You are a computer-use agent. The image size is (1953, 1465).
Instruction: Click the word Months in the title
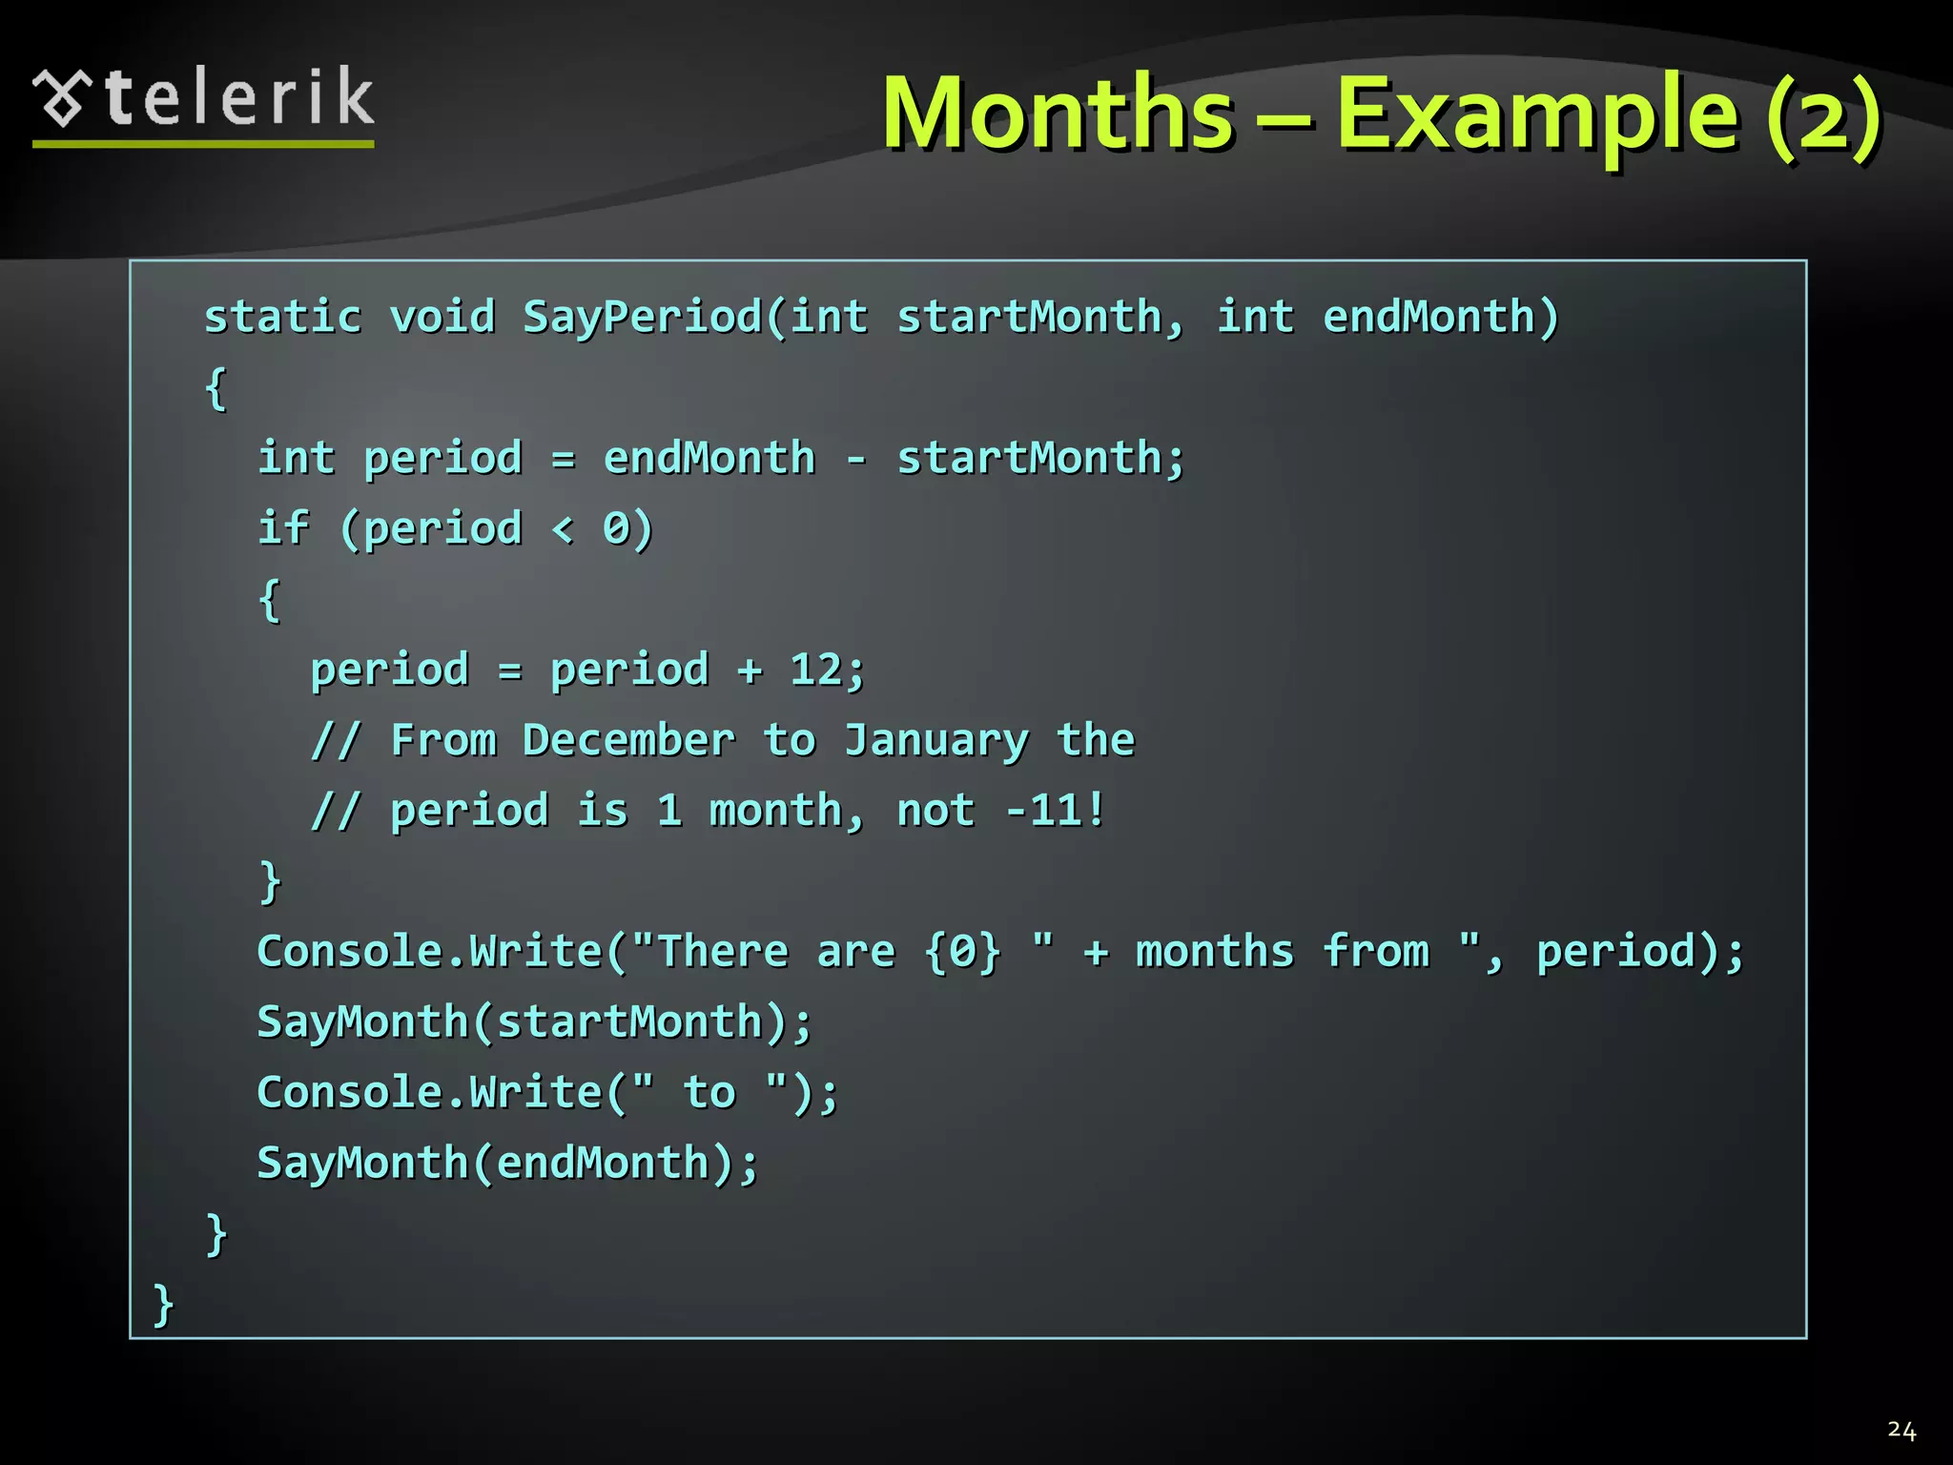(1059, 114)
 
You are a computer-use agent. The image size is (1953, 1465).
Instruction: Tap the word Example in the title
(1537, 114)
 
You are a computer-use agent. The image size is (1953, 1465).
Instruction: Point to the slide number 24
(1902, 1430)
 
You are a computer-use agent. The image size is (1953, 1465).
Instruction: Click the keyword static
(283, 317)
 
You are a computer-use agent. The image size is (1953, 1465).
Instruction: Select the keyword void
(442, 317)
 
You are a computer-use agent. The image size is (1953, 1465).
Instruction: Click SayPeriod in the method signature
(642, 317)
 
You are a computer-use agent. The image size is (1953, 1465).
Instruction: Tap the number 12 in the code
(815, 670)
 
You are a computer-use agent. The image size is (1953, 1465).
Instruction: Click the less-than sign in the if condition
(564, 529)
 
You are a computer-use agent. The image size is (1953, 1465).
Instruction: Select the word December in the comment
(628, 740)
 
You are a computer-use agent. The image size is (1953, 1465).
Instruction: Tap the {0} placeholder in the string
(963, 952)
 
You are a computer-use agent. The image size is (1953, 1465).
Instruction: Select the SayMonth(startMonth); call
(534, 1022)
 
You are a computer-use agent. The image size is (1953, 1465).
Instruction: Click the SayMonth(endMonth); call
(507, 1164)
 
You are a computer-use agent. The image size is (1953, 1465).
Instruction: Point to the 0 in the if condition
(616, 529)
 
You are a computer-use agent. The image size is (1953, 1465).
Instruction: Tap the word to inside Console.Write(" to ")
(709, 1093)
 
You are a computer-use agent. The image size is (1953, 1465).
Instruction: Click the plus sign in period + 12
(750, 671)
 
